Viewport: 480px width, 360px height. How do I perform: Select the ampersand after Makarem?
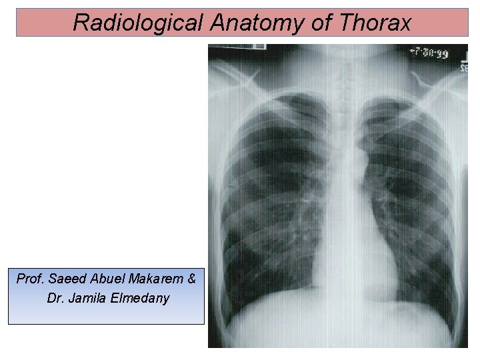point(191,279)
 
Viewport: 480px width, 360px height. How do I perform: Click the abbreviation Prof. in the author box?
point(30,279)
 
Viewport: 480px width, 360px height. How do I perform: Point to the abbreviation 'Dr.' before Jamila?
point(56,297)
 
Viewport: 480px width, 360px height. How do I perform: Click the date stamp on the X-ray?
point(428,53)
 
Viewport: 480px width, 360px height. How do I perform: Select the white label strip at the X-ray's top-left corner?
point(237,47)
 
